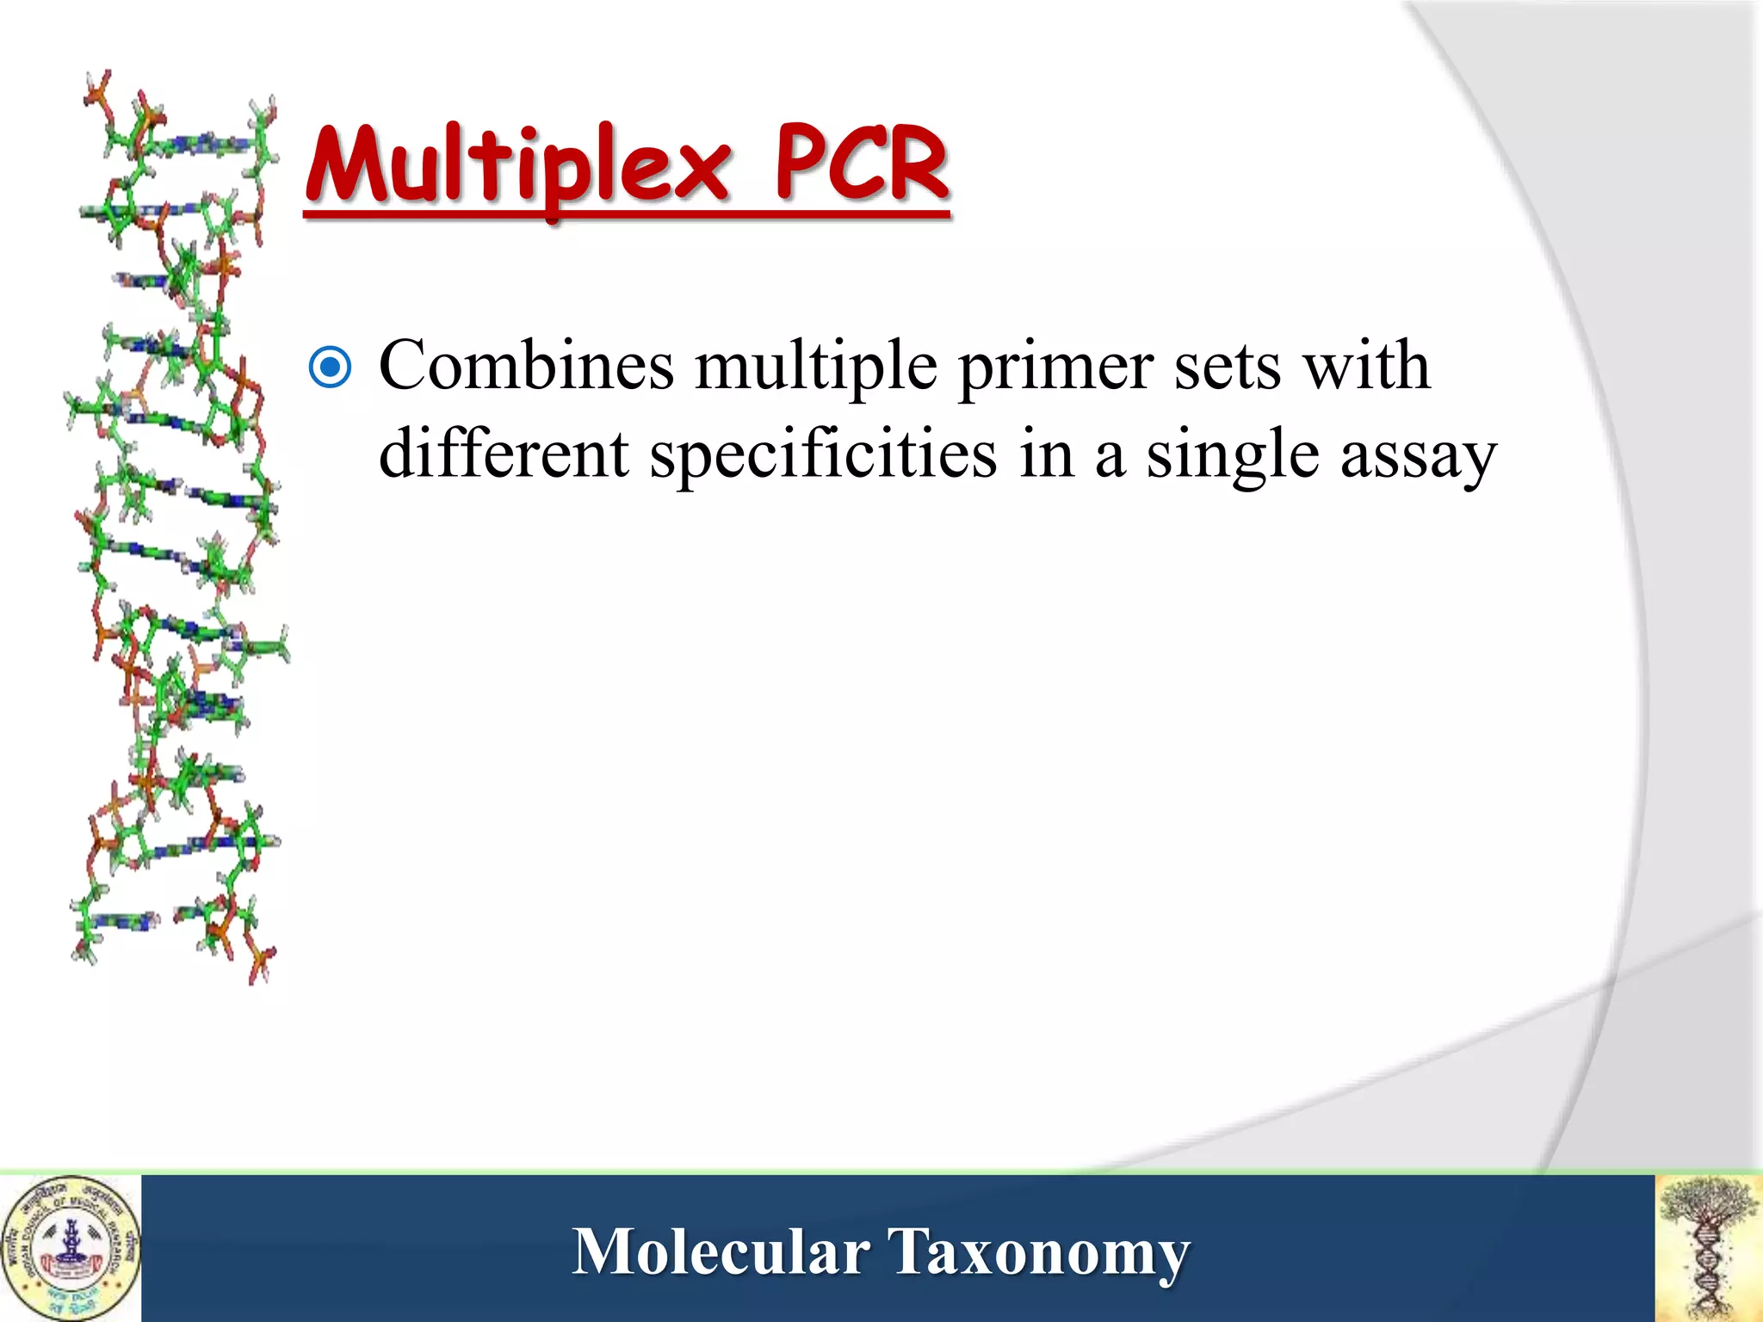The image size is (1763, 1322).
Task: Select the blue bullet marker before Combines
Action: tap(330, 368)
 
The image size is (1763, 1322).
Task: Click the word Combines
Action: tap(526, 365)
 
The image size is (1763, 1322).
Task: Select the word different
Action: tap(504, 454)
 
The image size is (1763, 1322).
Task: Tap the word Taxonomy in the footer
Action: tap(1038, 1253)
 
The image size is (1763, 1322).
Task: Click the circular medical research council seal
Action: tap(71, 1249)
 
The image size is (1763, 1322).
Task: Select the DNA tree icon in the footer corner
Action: tap(1709, 1249)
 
